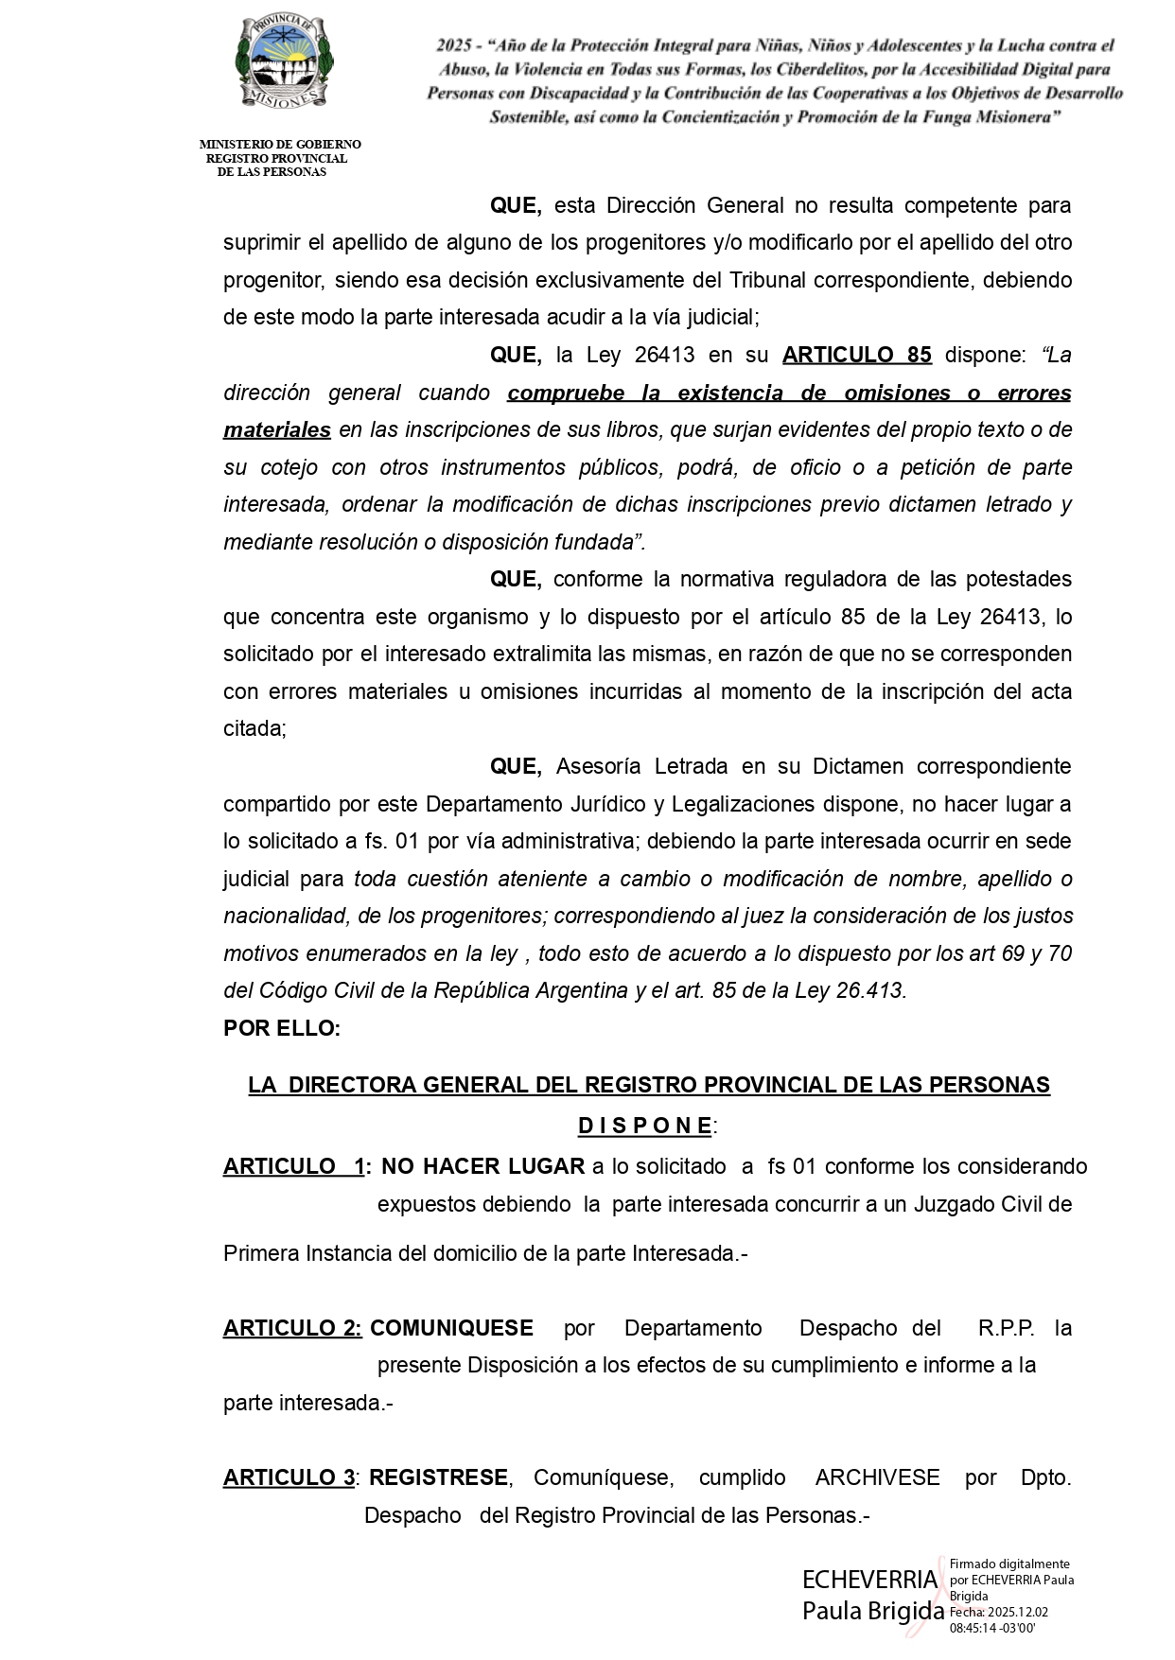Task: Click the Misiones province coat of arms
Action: coord(282,62)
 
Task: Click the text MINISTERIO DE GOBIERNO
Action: coord(280,145)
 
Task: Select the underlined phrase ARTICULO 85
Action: coord(856,356)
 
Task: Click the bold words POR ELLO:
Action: coord(282,1028)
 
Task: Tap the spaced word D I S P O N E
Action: coord(645,1126)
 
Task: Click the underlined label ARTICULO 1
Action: coord(293,1166)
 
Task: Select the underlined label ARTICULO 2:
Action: coord(292,1328)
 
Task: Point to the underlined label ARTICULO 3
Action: coord(289,1477)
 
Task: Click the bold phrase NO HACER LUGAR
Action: coord(482,1166)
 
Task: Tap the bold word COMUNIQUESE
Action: coord(451,1328)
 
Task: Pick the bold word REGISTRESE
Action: coord(439,1477)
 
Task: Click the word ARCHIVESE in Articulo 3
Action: coord(877,1477)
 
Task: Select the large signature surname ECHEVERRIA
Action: coord(869,1580)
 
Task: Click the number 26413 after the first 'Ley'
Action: coord(664,356)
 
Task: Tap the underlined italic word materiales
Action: coord(277,430)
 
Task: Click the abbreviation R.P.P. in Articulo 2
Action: coord(1006,1328)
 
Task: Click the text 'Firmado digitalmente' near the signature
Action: coord(1009,1564)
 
